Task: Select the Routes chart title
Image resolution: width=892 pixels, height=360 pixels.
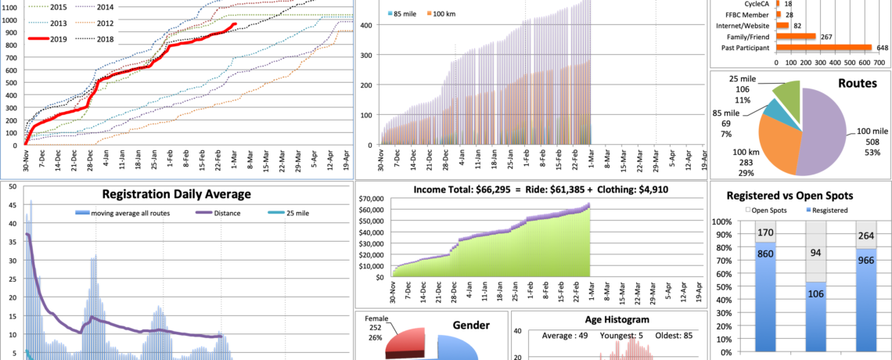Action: tap(858, 83)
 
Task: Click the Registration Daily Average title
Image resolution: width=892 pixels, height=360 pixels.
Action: tap(176, 195)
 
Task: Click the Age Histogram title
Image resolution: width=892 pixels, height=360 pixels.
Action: tap(608, 319)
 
